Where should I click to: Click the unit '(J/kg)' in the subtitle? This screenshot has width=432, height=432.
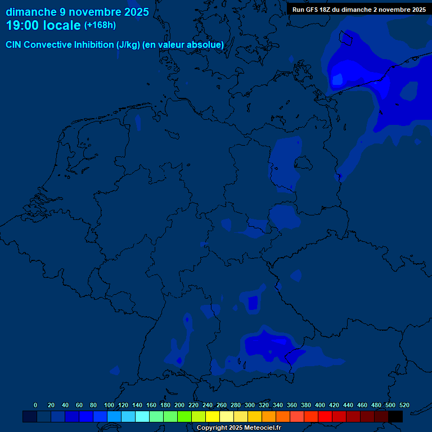pyautogui.click(x=128, y=44)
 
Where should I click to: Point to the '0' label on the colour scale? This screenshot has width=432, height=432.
pyautogui.click(x=35, y=405)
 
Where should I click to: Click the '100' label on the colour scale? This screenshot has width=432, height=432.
pyautogui.click(x=109, y=405)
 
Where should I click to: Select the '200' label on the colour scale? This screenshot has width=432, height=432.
pyautogui.click(x=179, y=405)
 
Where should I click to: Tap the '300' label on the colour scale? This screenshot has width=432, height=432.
pyautogui.click(x=250, y=405)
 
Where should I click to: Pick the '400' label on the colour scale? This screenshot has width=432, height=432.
pyautogui.click(x=320, y=405)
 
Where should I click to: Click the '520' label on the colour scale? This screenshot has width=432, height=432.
pyautogui.click(x=404, y=405)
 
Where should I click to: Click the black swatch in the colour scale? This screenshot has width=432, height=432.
pyautogui.click(x=395, y=416)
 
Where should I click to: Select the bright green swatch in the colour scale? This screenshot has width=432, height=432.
pyautogui.click(x=184, y=416)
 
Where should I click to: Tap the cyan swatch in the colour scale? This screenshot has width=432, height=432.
pyautogui.click(x=142, y=416)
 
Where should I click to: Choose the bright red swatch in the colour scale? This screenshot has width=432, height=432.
pyautogui.click(x=325, y=416)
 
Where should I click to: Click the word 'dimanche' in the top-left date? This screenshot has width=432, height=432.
pyautogui.click(x=30, y=12)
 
